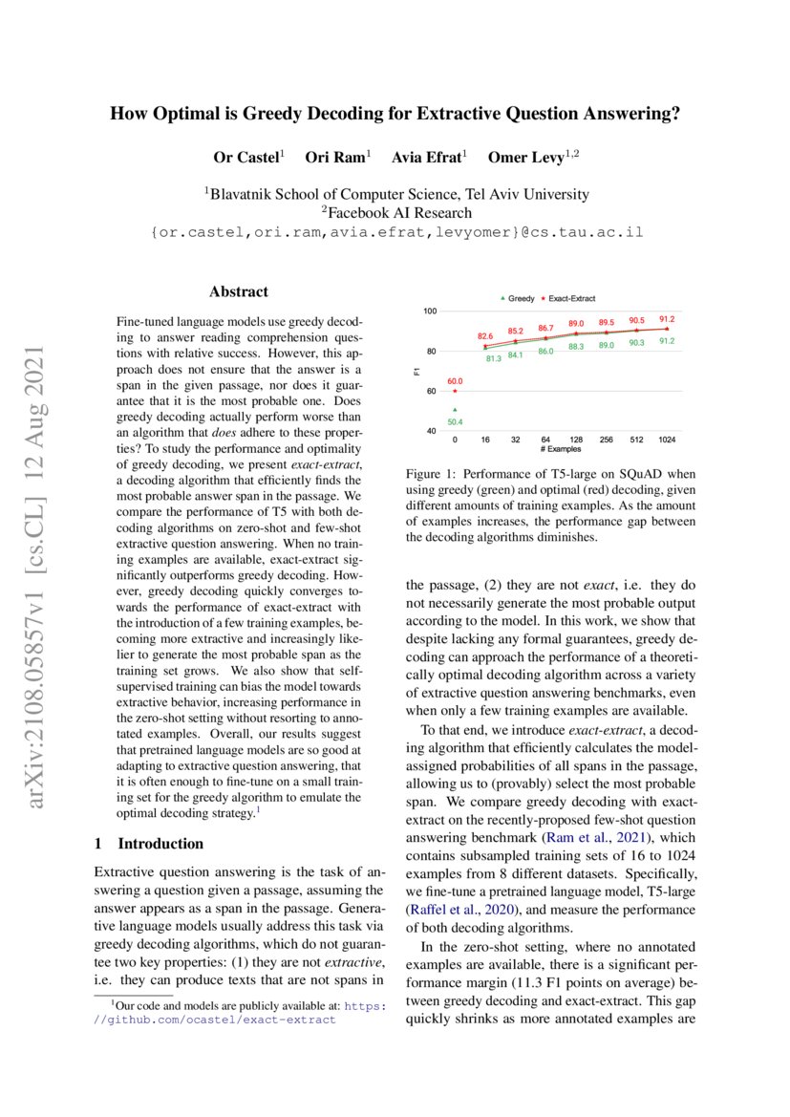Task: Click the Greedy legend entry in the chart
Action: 519,299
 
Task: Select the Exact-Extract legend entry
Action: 569,299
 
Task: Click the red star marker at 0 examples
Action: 455,390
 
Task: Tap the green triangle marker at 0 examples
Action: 455,410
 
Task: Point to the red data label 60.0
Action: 455,380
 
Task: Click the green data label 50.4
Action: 455,421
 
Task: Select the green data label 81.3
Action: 494,359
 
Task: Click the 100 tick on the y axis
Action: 430,311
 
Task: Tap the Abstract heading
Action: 238,292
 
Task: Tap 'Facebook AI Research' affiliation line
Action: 395,212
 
